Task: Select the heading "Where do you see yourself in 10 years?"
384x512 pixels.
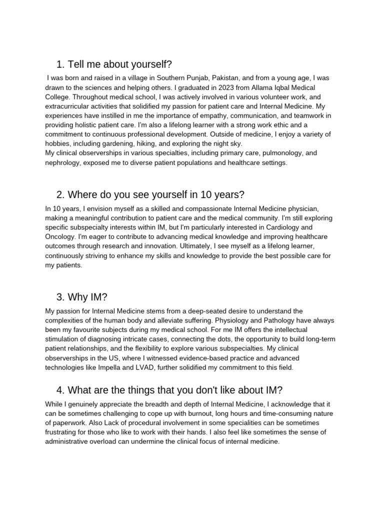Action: pyautogui.click(x=150, y=194)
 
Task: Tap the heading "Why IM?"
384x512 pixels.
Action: pyautogui.click(x=82, y=297)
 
